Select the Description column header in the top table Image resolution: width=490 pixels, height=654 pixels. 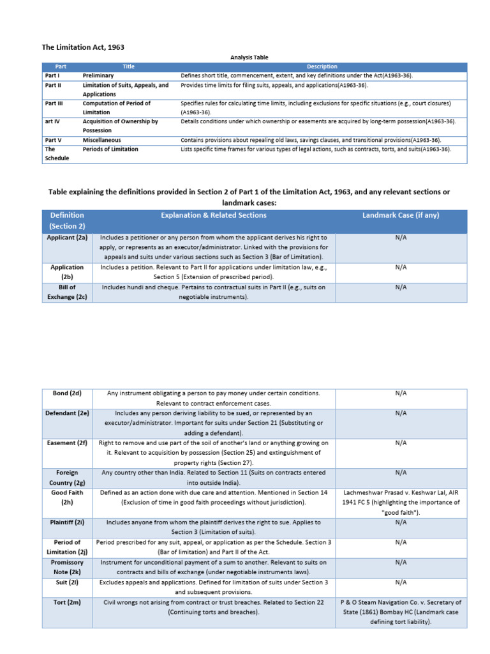tap(322, 66)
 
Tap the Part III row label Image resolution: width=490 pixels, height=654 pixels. tap(53, 103)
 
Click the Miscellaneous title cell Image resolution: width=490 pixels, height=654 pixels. tap(101, 140)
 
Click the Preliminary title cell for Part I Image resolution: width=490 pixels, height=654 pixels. tap(98, 75)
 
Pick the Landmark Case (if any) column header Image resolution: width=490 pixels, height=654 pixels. tap(401, 215)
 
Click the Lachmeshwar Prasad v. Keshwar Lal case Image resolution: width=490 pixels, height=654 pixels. tap(401, 502)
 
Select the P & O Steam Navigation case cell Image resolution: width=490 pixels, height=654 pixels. tap(401, 612)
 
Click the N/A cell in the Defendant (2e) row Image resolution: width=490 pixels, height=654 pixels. tap(401, 413)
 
